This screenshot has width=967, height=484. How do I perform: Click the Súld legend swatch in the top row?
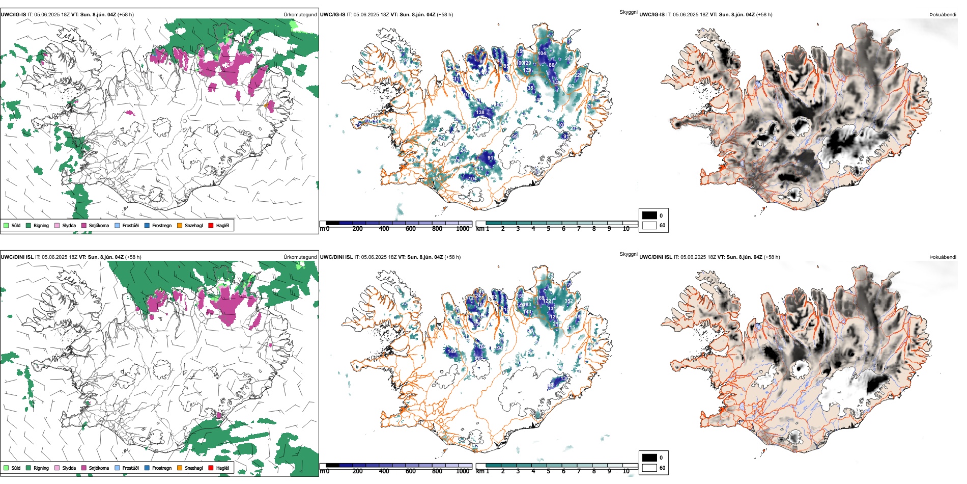tap(6, 225)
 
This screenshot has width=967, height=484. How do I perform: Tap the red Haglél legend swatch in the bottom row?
tap(211, 468)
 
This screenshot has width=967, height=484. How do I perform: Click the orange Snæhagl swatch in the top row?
tap(180, 225)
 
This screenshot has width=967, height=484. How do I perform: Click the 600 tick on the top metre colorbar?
tap(410, 229)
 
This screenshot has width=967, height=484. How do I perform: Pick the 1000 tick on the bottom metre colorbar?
tap(463, 471)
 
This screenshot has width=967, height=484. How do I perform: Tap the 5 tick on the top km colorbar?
tap(548, 229)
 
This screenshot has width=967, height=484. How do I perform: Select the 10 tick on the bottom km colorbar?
tap(626, 471)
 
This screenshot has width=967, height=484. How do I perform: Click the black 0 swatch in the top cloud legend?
tap(649, 216)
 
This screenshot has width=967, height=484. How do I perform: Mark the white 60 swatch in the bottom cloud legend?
tap(649, 468)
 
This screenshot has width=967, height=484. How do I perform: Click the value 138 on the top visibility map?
tap(480, 113)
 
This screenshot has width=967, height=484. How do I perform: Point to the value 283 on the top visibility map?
tap(569, 59)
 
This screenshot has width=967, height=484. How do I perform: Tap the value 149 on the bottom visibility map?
tap(451, 351)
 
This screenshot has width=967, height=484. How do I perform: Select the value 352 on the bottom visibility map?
tap(568, 301)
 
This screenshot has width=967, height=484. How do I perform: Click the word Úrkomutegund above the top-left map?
tap(300, 15)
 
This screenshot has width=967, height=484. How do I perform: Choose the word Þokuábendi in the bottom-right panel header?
tap(943, 257)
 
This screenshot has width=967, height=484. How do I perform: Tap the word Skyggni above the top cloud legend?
tap(628, 12)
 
